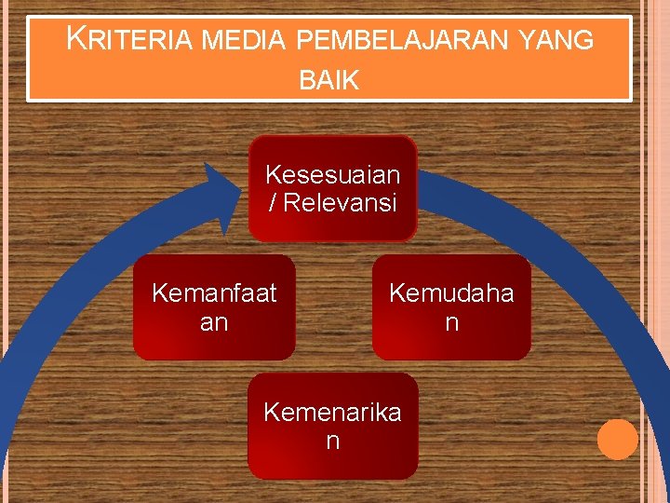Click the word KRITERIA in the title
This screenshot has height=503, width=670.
pos(129,40)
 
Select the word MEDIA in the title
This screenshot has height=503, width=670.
pos(245,41)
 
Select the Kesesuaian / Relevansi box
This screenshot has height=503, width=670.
pos(332,188)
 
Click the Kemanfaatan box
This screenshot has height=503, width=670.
pos(214,307)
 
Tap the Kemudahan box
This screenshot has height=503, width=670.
pos(451,307)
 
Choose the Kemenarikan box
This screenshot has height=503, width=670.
pos(332,426)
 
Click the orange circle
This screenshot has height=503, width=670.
pos(617,440)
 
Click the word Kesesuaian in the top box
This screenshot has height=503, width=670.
pos(332,174)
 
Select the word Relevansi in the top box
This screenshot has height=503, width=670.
pos(340,203)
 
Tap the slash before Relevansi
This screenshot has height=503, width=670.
pos(273,203)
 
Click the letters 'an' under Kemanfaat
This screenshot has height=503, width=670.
pos(214,322)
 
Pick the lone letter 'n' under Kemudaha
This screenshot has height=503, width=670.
pos(451,322)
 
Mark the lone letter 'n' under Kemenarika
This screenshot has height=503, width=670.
pos(332,441)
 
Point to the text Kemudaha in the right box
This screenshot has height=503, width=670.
pos(451,293)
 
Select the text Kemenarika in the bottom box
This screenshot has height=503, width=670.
pos(332,412)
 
